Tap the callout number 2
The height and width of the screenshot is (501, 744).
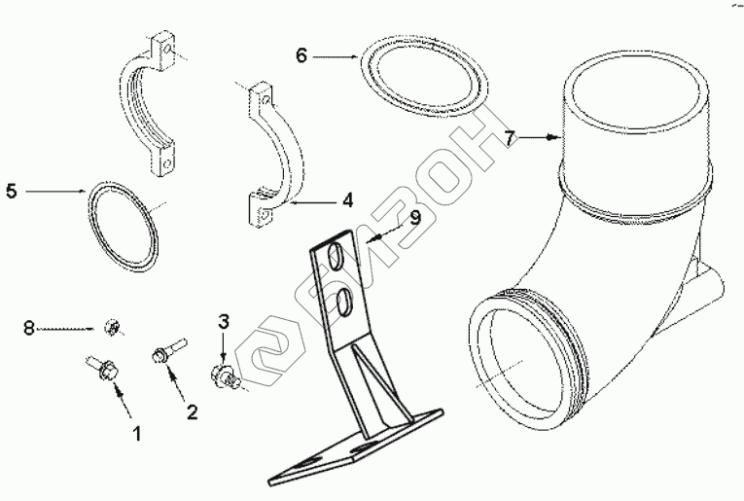(192, 412)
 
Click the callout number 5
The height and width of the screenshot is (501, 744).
(11, 192)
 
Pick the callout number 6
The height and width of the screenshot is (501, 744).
(301, 56)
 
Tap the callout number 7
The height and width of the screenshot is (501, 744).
(510, 139)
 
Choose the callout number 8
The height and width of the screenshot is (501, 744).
(30, 330)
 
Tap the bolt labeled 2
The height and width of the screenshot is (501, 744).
(162, 353)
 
